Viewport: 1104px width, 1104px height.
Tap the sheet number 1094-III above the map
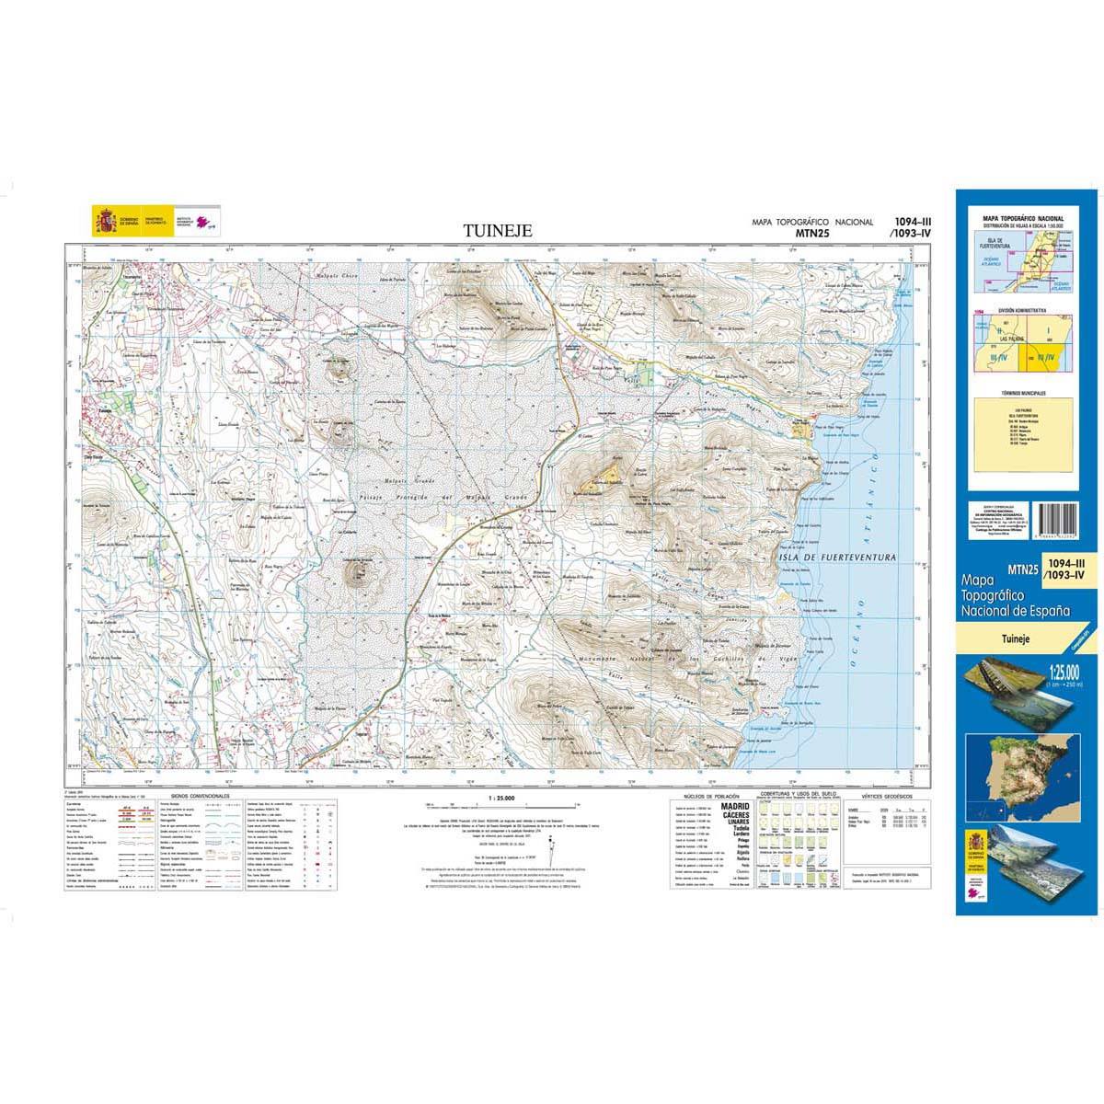pos(912,222)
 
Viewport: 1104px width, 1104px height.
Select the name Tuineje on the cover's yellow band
pos(1014,634)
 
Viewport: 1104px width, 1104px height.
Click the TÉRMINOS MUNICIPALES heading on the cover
pos(1026,393)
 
